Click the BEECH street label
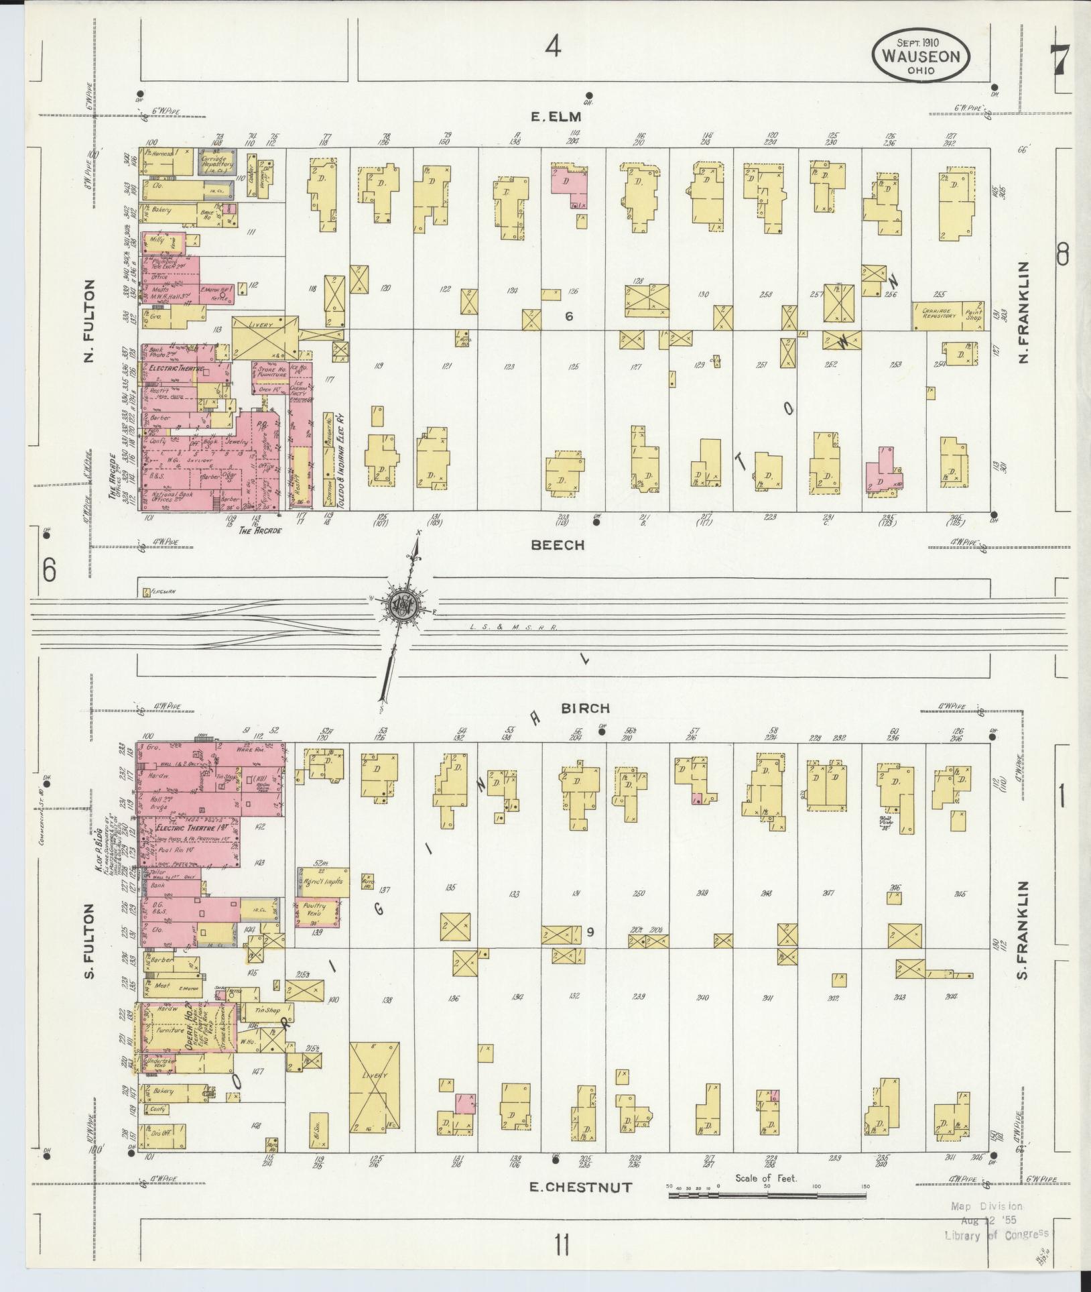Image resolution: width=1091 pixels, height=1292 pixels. (558, 545)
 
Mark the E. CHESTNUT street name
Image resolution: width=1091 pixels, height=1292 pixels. (580, 1187)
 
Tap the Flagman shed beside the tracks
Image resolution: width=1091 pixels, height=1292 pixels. (155, 593)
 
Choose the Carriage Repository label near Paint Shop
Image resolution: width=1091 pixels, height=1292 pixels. (937, 314)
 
